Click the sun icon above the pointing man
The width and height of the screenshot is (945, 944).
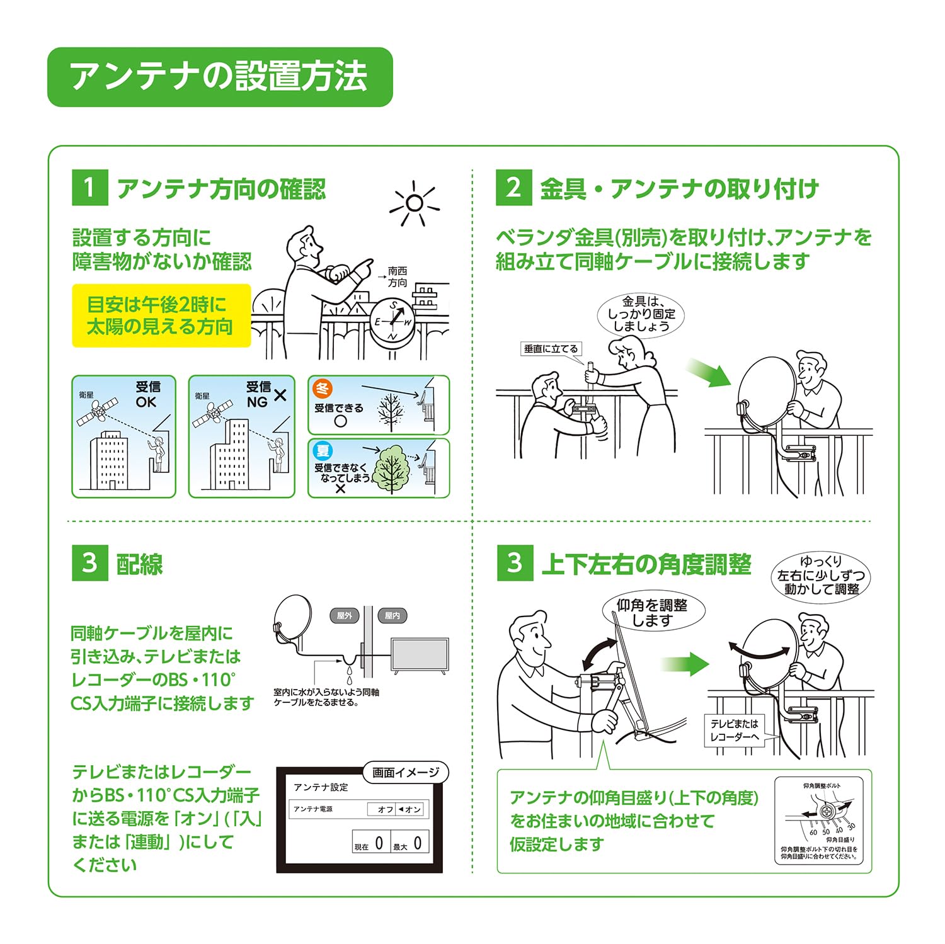(x=414, y=203)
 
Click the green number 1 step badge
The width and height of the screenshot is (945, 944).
(x=89, y=187)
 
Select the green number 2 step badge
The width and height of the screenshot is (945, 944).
(x=513, y=187)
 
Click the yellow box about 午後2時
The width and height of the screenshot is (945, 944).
(x=161, y=316)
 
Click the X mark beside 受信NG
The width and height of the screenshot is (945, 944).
(x=280, y=395)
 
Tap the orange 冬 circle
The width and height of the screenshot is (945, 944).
(x=323, y=389)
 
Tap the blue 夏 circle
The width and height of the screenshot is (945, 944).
(x=323, y=450)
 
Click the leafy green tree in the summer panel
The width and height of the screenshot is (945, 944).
(x=392, y=469)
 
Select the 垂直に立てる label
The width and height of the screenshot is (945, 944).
(x=551, y=349)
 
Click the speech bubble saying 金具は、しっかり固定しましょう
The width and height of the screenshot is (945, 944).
(x=641, y=314)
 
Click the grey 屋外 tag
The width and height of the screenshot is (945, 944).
(x=345, y=616)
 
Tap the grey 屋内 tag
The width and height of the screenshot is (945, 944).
(x=392, y=616)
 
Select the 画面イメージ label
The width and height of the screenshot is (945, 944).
(x=406, y=773)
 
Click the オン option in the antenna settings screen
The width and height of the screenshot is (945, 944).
(x=410, y=809)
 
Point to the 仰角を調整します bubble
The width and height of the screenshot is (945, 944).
(x=651, y=613)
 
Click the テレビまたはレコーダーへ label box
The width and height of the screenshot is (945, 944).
(x=735, y=731)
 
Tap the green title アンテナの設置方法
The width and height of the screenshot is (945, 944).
(x=220, y=77)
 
